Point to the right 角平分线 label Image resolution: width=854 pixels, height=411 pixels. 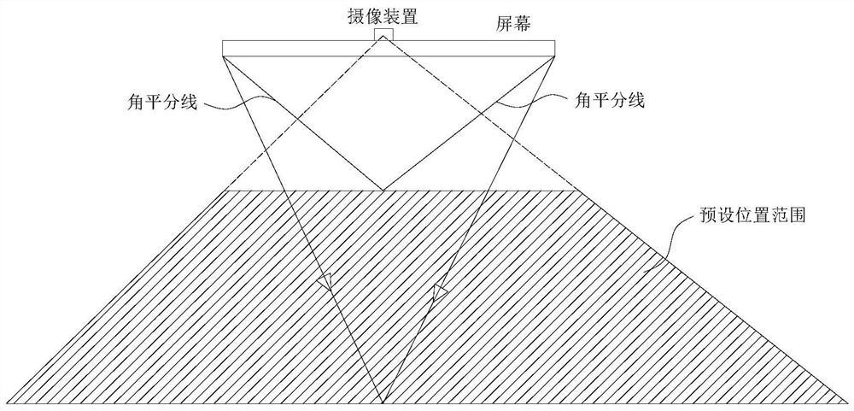coord(605,100)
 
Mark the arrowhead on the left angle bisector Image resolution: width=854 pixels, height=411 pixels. coord(324,282)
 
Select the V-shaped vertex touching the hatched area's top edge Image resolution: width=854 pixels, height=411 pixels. coord(383,190)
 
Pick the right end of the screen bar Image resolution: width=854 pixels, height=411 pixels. coord(553,48)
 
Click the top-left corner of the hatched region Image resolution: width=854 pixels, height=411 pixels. coord(224,191)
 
